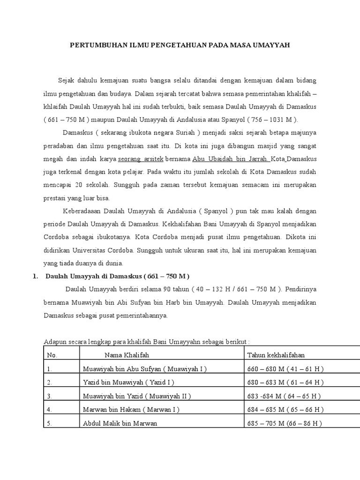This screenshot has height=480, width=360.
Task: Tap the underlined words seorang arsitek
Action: click(137, 159)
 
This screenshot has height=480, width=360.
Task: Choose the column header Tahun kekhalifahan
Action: click(276, 355)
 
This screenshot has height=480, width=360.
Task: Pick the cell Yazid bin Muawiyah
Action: click(128, 382)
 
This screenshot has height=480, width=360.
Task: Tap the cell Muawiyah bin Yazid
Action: click(136, 396)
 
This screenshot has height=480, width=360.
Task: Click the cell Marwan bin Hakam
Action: click(131, 410)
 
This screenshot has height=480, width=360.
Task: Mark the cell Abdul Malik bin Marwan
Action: click(120, 423)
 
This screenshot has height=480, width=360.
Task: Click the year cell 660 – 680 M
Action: click(285, 369)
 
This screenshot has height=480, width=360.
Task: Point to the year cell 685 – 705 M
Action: click(285, 423)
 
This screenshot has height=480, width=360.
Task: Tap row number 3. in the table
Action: click(50, 396)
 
